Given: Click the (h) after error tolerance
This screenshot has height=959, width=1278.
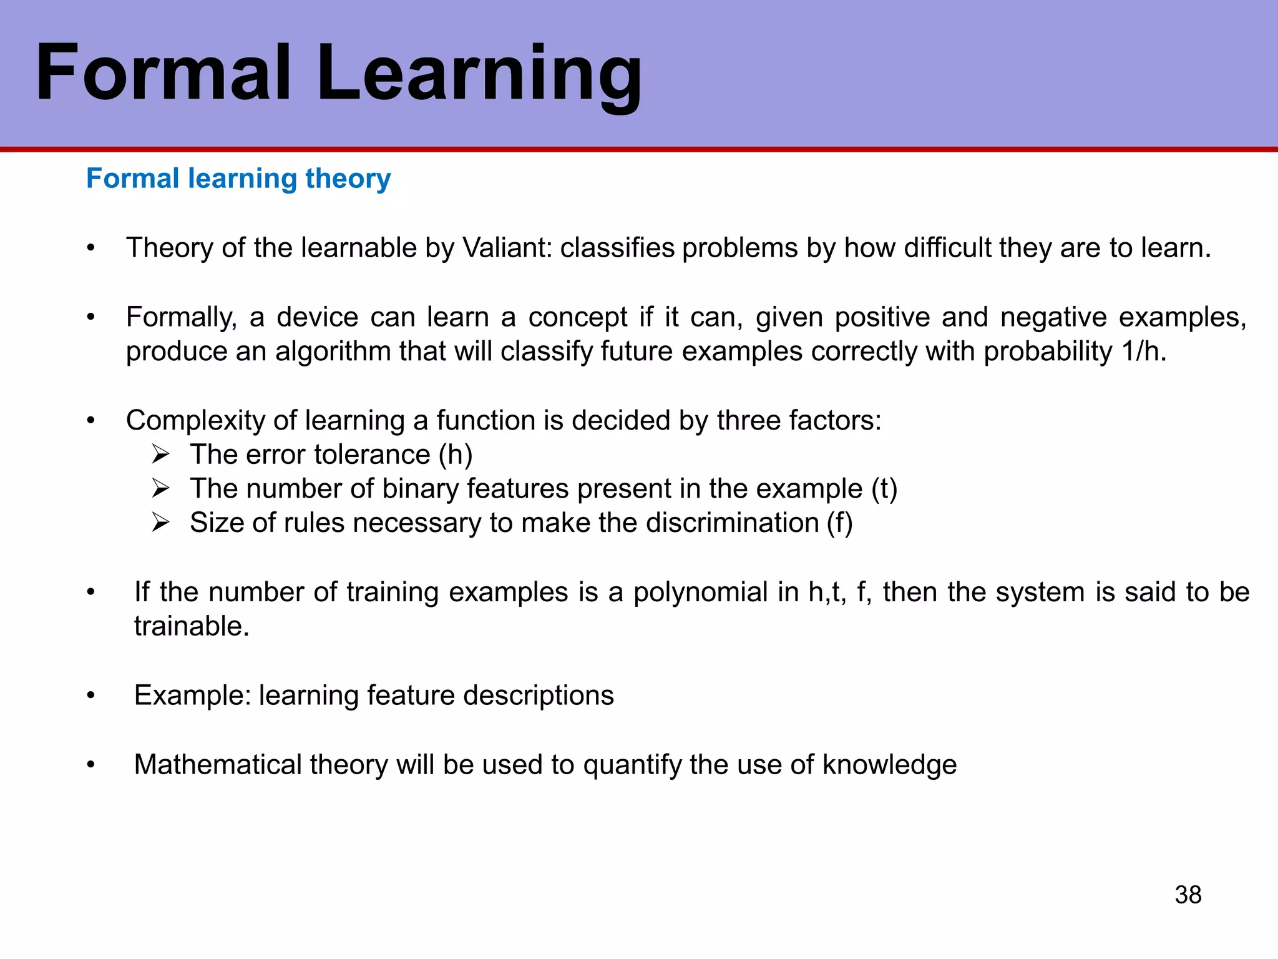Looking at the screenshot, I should [x=456, y=455].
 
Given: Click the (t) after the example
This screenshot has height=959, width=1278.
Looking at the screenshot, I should [x=884, y=489].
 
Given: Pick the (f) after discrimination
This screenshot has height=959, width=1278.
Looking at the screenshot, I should [x=839, y=523].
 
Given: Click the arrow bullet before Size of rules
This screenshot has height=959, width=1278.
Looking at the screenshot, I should [x=160, y=523].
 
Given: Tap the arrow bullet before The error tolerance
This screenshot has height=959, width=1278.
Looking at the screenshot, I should [x=160, y=455].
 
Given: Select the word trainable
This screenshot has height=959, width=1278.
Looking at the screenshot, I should [x=191, y=626].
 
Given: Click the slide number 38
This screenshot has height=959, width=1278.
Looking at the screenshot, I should [x=1188, y=895].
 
